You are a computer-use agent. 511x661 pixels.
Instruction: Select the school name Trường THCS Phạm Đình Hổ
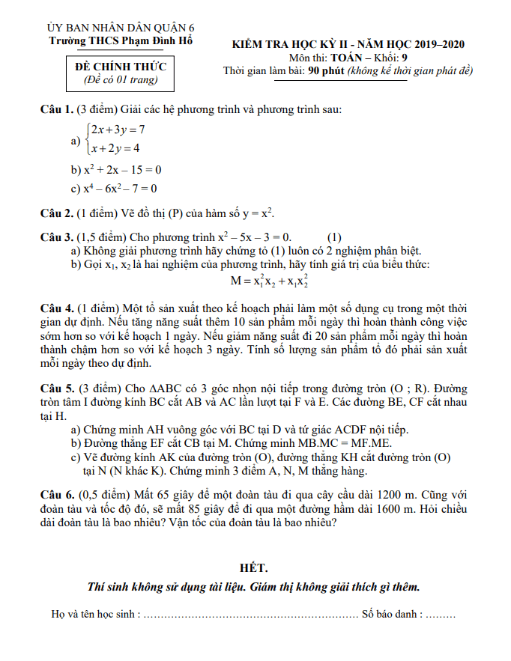pyautogui.click(x=120, y=41)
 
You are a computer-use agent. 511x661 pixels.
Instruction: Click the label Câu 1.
pyautogui.click(x=56, y=110)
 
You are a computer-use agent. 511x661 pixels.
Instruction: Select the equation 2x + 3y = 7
pyautogui.click(x=118, y=130)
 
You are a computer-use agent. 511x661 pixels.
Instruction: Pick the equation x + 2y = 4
pyautogui.click(x=115, y=148)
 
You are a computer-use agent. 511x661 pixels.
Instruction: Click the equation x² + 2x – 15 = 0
pyautogui.click(x=121, y=169)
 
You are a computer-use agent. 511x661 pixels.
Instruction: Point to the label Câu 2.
pyautogui.click(x=56, y=213)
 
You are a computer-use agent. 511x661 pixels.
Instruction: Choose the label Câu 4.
pyautogui.click(x=56, y=308)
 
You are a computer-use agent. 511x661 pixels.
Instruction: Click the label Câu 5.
pyautogui.click(x=56, y=389)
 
